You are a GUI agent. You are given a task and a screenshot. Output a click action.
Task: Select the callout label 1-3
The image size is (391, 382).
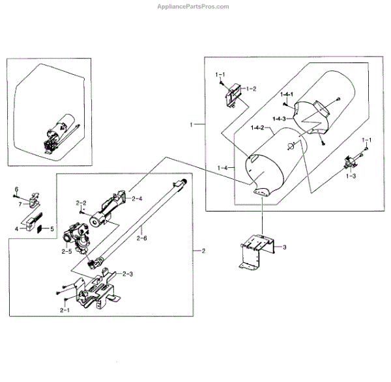[350, 176]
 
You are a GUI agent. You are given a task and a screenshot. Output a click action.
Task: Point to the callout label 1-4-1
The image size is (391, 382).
[287, 96]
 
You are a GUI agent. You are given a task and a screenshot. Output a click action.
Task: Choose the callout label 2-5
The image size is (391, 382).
[66, 249]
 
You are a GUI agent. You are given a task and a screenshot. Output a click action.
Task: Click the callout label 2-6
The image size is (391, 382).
[142, 238]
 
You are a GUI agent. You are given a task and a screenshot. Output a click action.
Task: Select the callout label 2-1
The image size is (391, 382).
[64, 311]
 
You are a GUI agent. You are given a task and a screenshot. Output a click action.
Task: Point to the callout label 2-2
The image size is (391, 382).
[81, 203]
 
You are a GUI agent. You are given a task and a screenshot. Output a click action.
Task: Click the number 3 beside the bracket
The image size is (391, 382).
[283, 247]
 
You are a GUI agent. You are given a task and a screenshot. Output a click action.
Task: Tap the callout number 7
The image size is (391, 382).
[20, 204]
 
